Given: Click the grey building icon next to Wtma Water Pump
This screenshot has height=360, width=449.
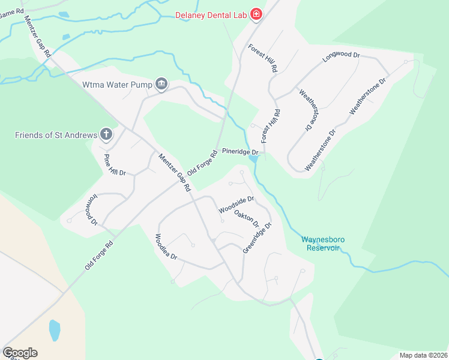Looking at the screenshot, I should (x=161, y=85).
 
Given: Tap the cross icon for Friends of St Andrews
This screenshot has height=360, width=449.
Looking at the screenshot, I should (x=106, y=134).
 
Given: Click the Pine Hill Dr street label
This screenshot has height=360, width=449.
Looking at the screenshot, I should (x=114, y=164).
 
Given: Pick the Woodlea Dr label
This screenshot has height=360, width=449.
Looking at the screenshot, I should (x=167, y=247).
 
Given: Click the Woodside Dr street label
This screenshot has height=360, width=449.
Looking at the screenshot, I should (x=236, y=205).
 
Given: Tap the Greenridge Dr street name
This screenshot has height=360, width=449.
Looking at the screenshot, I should (x=258, y=237).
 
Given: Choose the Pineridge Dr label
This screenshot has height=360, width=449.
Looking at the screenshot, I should (x=240, y=152).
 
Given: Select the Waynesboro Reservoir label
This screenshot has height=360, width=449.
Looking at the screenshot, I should (x=322, y=244).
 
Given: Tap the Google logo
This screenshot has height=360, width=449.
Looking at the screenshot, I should (x=20, y=353).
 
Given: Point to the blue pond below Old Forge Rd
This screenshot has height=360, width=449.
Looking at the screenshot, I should (x=55, y=329).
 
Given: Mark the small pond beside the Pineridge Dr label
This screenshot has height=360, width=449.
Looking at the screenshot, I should (x=253, y=159).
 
